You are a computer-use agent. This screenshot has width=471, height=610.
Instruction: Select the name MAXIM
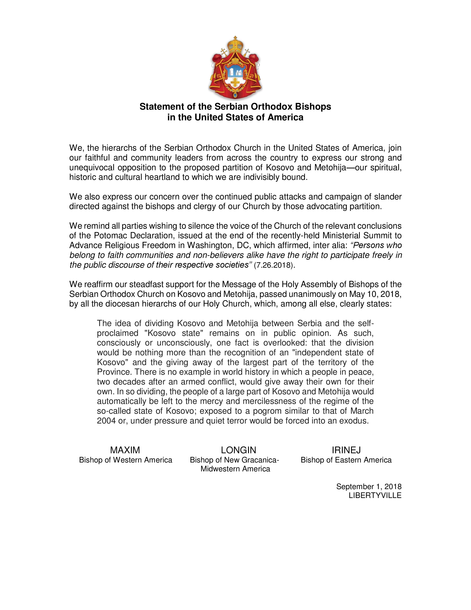tap(125, 450)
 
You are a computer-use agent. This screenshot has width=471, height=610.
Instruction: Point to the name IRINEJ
tap(346, 450)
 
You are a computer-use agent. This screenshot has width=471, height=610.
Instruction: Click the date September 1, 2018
tap(369, 487)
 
